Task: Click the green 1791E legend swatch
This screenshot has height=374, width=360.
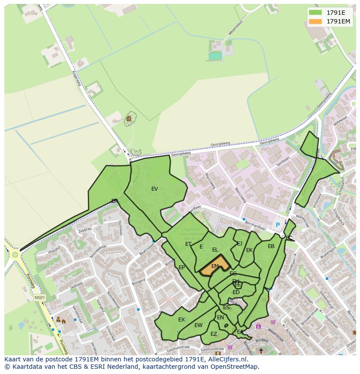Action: pyautogui.click(x=315, y=13)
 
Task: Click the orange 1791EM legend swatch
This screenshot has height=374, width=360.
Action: pyautogui.click(x=315, y=21)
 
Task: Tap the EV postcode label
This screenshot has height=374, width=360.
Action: pyautogui.click(x=154, y=189)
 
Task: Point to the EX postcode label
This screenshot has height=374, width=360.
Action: pyautogui.click(x=181, y=320)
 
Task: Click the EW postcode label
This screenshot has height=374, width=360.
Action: pyautogui.click(x=198, y=325)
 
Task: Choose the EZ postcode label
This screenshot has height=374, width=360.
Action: pyautogui.click(x=213, y=334)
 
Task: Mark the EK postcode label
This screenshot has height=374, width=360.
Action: pyautogui.click(x=249, y=250)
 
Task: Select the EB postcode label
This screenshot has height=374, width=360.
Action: pyautogui.click(x=271, y=246)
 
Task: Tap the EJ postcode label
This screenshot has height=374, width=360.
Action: pyautogui.click(x=240, y=244)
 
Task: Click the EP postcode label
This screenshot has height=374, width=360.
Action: pyautogui.click(x=182, y=268)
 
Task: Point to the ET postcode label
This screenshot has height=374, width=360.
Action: pyautogui.click(x=188, y=244)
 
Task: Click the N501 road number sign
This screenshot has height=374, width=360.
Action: pyautogui.click(x=40, y=298)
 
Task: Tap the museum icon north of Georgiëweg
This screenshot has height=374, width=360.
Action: pyautogui.click(x=129, y=118)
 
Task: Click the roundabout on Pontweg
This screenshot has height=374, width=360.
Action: pyautogui.click(x=15, y=255)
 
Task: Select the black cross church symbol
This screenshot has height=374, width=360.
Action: pyautogui.click(x=261, y=351)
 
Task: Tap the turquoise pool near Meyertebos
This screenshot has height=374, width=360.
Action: pyautogui.click(x=215, y=56)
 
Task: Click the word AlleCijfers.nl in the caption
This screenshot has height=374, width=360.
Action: pyautogui.click(x=226, y=359)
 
